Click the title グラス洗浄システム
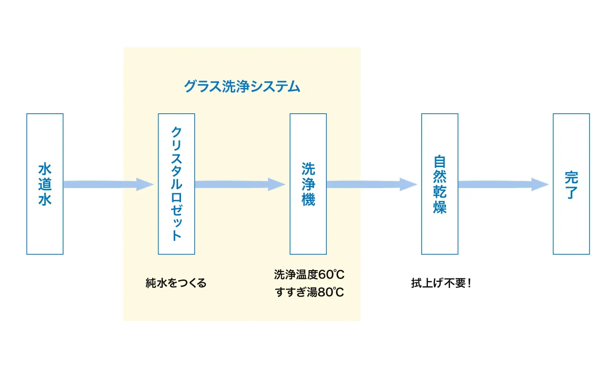pos(242,86)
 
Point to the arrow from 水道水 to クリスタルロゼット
pos(109,184)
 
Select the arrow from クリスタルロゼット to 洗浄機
pos(240,184)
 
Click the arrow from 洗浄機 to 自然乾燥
pos(372,184)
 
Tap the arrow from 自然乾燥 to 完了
pos(503,184)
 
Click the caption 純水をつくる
pos(176,283)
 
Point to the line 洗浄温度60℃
pos(309,275)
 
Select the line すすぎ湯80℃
pos(309,292)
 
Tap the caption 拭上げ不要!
pos(441,283)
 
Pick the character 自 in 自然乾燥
pos(440,162)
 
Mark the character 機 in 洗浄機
pos(308,199)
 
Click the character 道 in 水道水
pos(45,184)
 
